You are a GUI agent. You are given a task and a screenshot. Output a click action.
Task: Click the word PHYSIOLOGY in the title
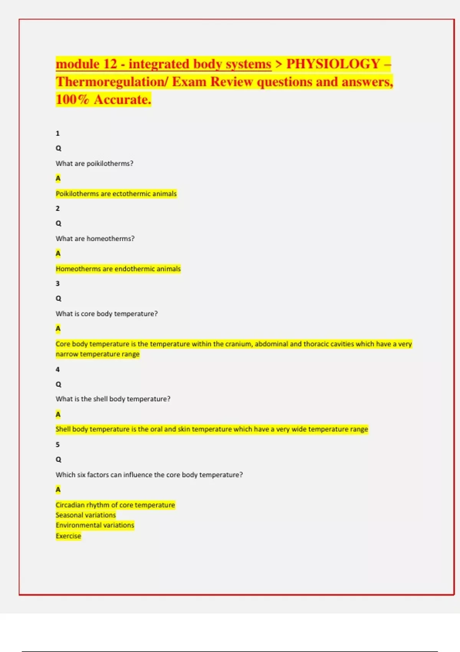333,64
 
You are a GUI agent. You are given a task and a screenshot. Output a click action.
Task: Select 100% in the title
72,100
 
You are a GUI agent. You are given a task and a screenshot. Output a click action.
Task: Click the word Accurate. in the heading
122,100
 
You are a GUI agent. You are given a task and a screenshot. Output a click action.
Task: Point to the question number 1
58,133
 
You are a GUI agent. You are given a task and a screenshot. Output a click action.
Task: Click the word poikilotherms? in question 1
110,163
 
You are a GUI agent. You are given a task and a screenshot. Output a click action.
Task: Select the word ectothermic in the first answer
133,194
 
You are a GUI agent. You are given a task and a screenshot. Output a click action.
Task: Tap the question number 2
58,209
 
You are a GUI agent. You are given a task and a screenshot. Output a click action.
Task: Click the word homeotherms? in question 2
110,239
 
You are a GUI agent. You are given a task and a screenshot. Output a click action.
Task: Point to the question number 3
58,284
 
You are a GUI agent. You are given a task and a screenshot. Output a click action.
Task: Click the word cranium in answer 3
238,344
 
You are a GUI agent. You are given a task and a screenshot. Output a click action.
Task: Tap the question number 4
58,370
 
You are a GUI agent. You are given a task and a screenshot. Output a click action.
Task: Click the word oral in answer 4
156,429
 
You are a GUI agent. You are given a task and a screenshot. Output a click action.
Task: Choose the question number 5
58,445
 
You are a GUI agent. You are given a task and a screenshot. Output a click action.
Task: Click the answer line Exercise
68,536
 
